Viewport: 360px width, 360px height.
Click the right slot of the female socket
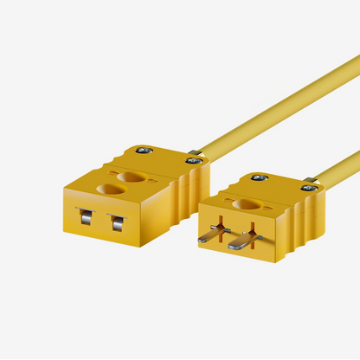pyautogui.click(x=115, y=223)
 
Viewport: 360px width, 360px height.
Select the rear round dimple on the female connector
pyautogui.click(x=133, y=177)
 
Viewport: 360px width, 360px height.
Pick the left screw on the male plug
pyautogui.click(x=260, y=177)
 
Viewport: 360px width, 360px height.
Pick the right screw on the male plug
pyautogui.click(x=307, y=186)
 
